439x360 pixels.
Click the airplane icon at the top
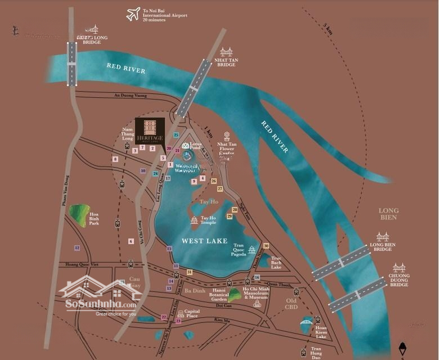pyautogui.click(x=133, y=14)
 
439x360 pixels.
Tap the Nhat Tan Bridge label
pyautogui.click(x=226, y=62)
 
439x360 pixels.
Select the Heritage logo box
pyautogui.click(x=149, y=132)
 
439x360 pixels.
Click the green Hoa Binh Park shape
pyautogui.click(x=80, y=215)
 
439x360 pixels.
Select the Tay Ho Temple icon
pyautogui.click(x=194, y=220)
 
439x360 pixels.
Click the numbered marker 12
pyautogui.click(x=77, y=248)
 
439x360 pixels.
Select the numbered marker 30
pyautogui.click(x=266, y=246)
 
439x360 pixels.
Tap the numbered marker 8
pyautogui.click(x=115, y=159)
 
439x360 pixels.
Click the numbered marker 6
pyautogui.click(x=131, y=241)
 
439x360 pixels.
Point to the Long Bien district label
pyautogui.click(x=388, y=214)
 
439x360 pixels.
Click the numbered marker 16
pyautogui.click(x=257, y=277)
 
